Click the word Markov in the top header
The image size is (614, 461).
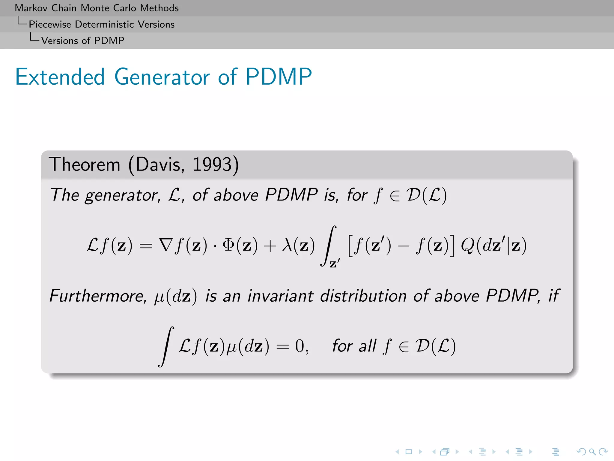31,8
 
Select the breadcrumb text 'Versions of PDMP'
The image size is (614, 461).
82,41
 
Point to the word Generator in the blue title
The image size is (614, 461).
162,77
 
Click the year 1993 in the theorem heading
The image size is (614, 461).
212,164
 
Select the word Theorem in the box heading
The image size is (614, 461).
85,164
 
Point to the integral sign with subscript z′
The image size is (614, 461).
329,246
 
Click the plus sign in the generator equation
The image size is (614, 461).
270,246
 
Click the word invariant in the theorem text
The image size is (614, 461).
281,296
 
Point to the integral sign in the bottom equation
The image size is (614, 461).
166,346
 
